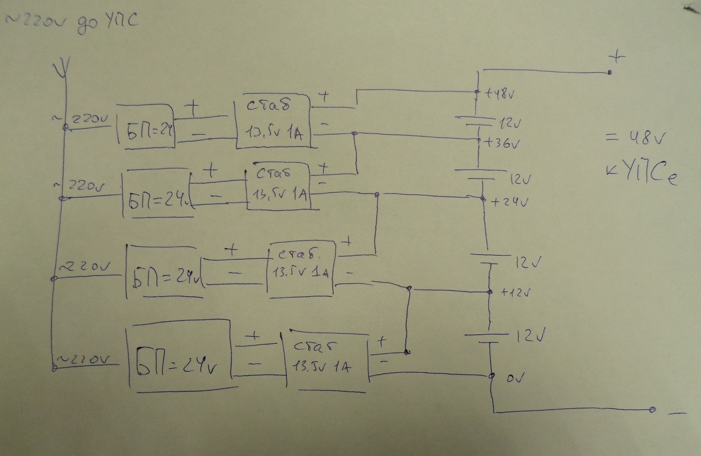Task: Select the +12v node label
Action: [514, 293]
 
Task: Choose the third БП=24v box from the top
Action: [164, 273]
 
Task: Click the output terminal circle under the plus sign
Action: [610, 72]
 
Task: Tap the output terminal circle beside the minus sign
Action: [652, 410]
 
